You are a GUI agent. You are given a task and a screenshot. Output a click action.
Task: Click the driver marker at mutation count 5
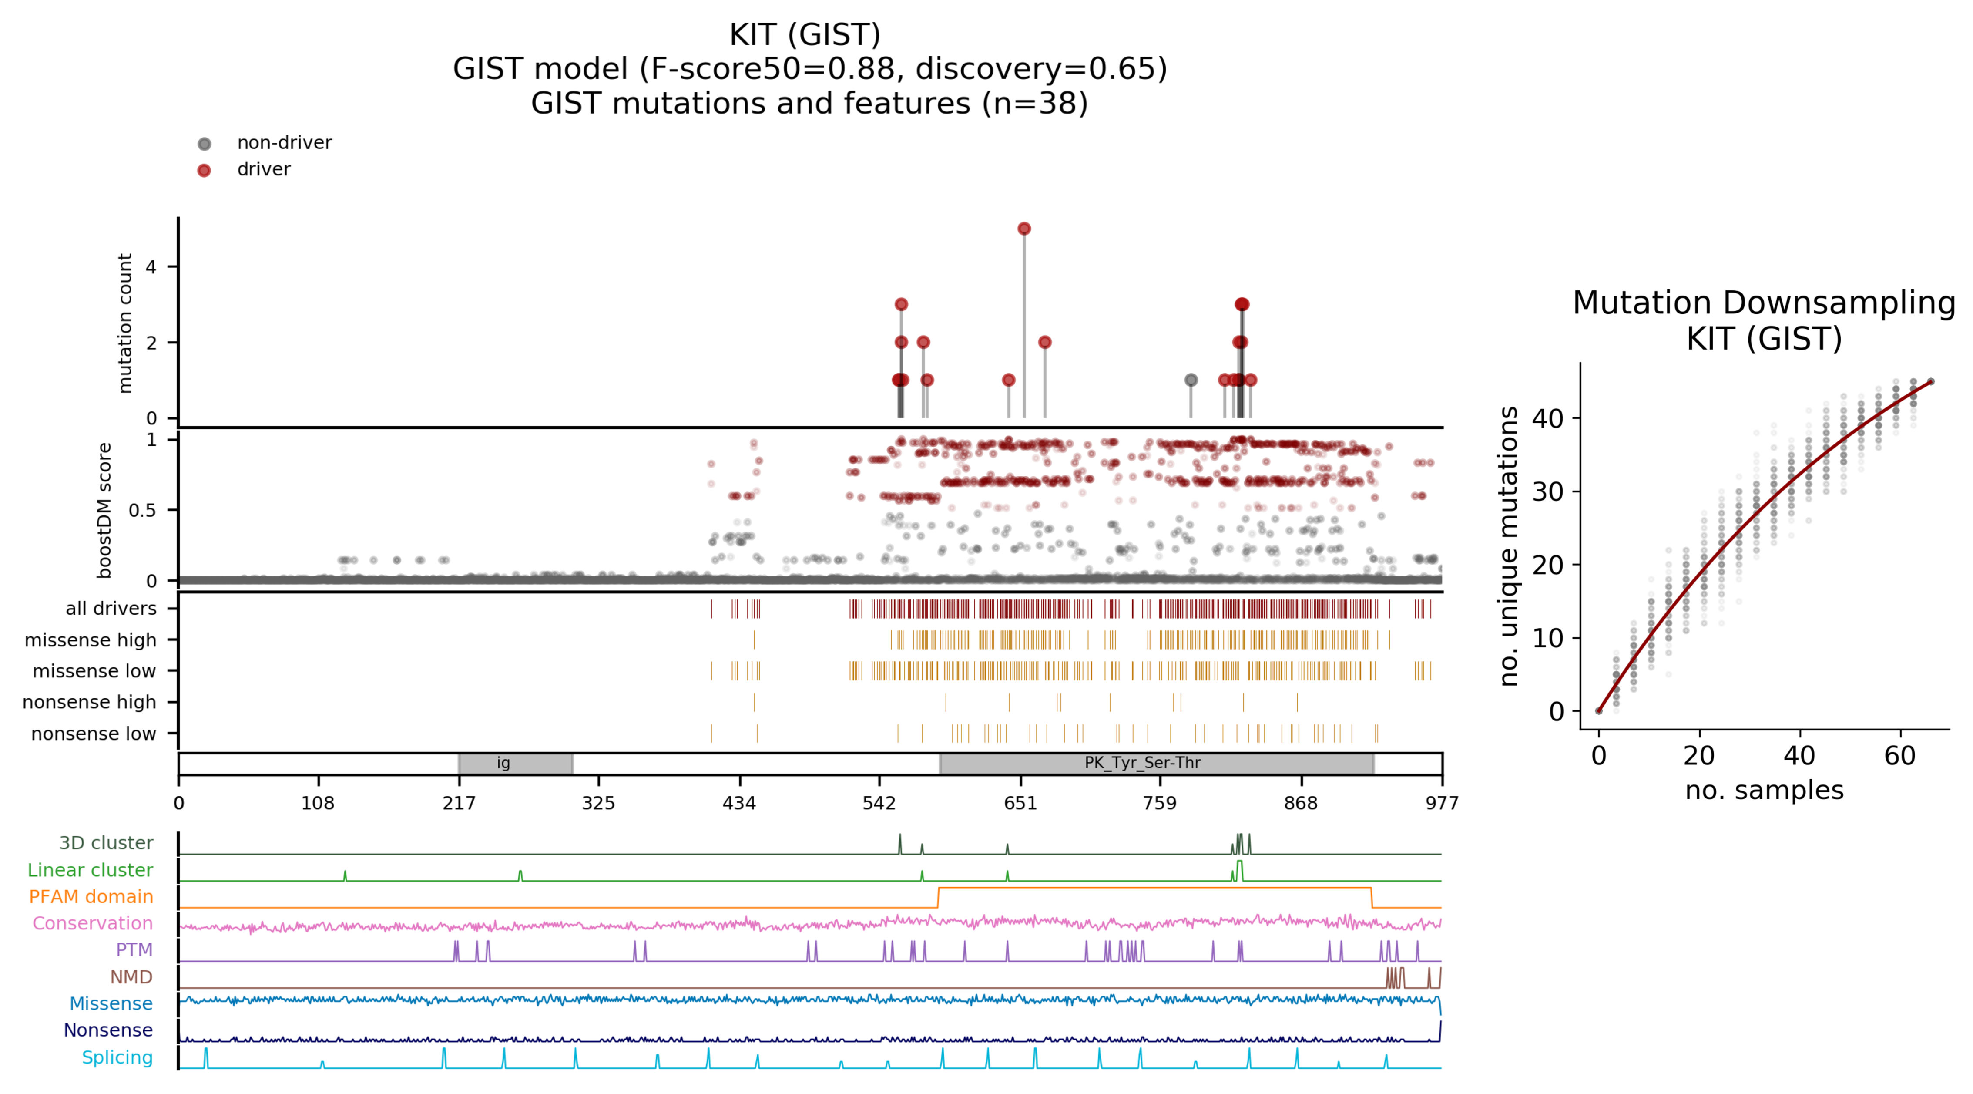[x=1024, y=228]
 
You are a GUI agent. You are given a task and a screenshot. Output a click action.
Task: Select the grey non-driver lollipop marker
[x=1190, y=380]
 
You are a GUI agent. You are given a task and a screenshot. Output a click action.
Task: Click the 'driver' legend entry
[x=263, y=169]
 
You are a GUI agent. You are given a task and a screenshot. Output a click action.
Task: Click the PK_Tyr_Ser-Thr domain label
[x=1142, y=763]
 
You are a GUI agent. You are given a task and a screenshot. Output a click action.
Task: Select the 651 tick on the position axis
[x=1020, y=803]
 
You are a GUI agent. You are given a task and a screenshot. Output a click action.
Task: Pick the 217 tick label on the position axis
[x=459, y=803]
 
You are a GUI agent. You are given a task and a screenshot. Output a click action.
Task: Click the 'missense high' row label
[x=91, y=640]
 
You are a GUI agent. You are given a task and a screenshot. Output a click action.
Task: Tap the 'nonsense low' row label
[x=94, y=734]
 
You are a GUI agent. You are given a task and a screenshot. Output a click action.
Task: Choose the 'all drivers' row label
[x=111, y=608]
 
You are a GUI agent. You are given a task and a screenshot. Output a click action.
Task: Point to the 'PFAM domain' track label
[x=91, y=896]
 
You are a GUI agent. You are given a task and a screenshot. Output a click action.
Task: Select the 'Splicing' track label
[x=117, y=1057]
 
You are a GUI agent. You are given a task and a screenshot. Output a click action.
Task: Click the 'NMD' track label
[x=131, y=977]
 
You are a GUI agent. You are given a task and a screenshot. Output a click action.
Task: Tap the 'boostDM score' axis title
[x=105, y=510]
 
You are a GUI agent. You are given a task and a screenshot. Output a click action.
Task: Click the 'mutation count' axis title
[x=125, y=323]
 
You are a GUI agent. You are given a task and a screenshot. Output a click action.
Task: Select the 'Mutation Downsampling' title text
[x=1763, y=303]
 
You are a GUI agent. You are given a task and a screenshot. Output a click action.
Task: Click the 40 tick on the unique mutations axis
[x=1547, y=419]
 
